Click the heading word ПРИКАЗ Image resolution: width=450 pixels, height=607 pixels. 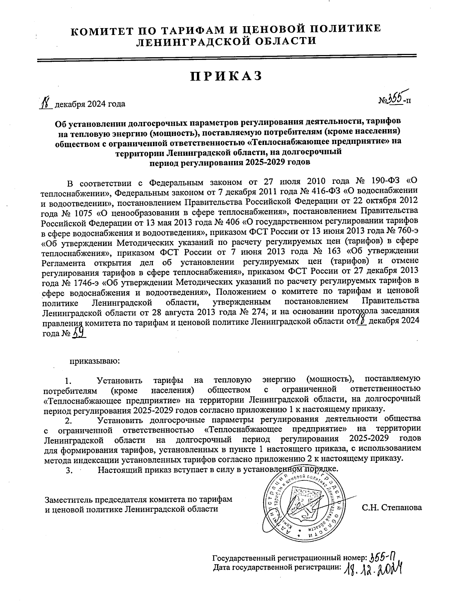click(225, 76)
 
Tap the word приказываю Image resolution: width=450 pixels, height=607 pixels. click(94, 361)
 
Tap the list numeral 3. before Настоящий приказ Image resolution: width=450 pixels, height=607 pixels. click(69, 471)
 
